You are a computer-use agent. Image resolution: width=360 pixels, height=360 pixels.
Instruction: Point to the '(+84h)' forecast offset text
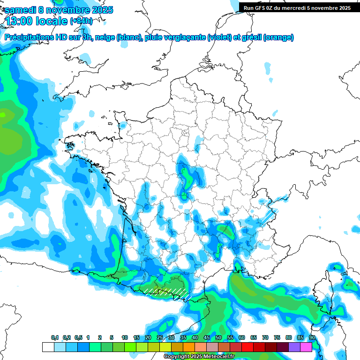pos(81,21)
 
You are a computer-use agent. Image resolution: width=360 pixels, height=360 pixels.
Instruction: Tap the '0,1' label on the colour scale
pos(55,337)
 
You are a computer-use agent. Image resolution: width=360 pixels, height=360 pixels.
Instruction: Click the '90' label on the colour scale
pos(312,337)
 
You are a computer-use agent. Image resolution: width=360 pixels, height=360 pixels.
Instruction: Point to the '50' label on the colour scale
pos(218,337)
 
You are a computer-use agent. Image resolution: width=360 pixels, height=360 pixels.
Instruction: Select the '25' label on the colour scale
pos(160,337)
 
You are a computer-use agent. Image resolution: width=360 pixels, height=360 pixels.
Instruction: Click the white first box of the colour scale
pos(48,347)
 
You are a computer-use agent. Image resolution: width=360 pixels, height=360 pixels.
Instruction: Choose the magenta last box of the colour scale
pos(306,347)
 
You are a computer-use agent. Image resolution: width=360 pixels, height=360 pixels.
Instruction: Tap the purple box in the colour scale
pos(294,347)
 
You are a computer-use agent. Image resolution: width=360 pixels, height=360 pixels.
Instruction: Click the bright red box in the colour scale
pos(247,347)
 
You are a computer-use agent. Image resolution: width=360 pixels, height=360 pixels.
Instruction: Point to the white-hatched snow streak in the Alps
pos(266,216)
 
